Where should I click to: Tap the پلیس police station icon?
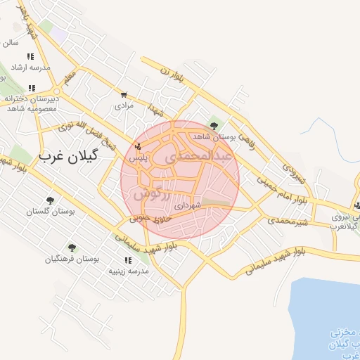click(x=138, y=147)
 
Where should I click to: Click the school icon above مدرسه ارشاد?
click(x=30, y=56)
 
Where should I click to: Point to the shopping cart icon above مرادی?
click(x=124, y=95)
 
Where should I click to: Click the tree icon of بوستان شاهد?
click(x=214, y=126)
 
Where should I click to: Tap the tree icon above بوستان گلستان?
click(x=49, y=200)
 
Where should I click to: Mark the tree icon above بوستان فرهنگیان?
click(x=72, y=247)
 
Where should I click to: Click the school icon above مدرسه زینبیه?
click(x=127, y=260)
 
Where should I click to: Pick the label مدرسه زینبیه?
click(x=127, y=271)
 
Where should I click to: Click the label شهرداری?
click(x=188, y=205)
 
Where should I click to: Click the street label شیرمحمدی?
click(x=288, y=219)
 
